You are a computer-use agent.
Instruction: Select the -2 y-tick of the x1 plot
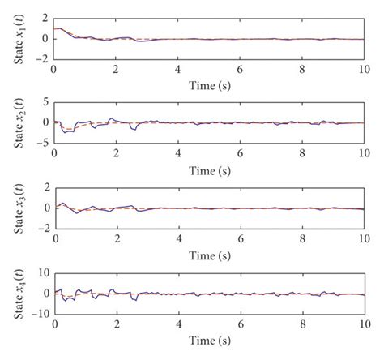click(42, 59)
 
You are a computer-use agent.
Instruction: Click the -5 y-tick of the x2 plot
click(42, 144)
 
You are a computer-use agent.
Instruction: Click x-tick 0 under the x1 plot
click(54, 70)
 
